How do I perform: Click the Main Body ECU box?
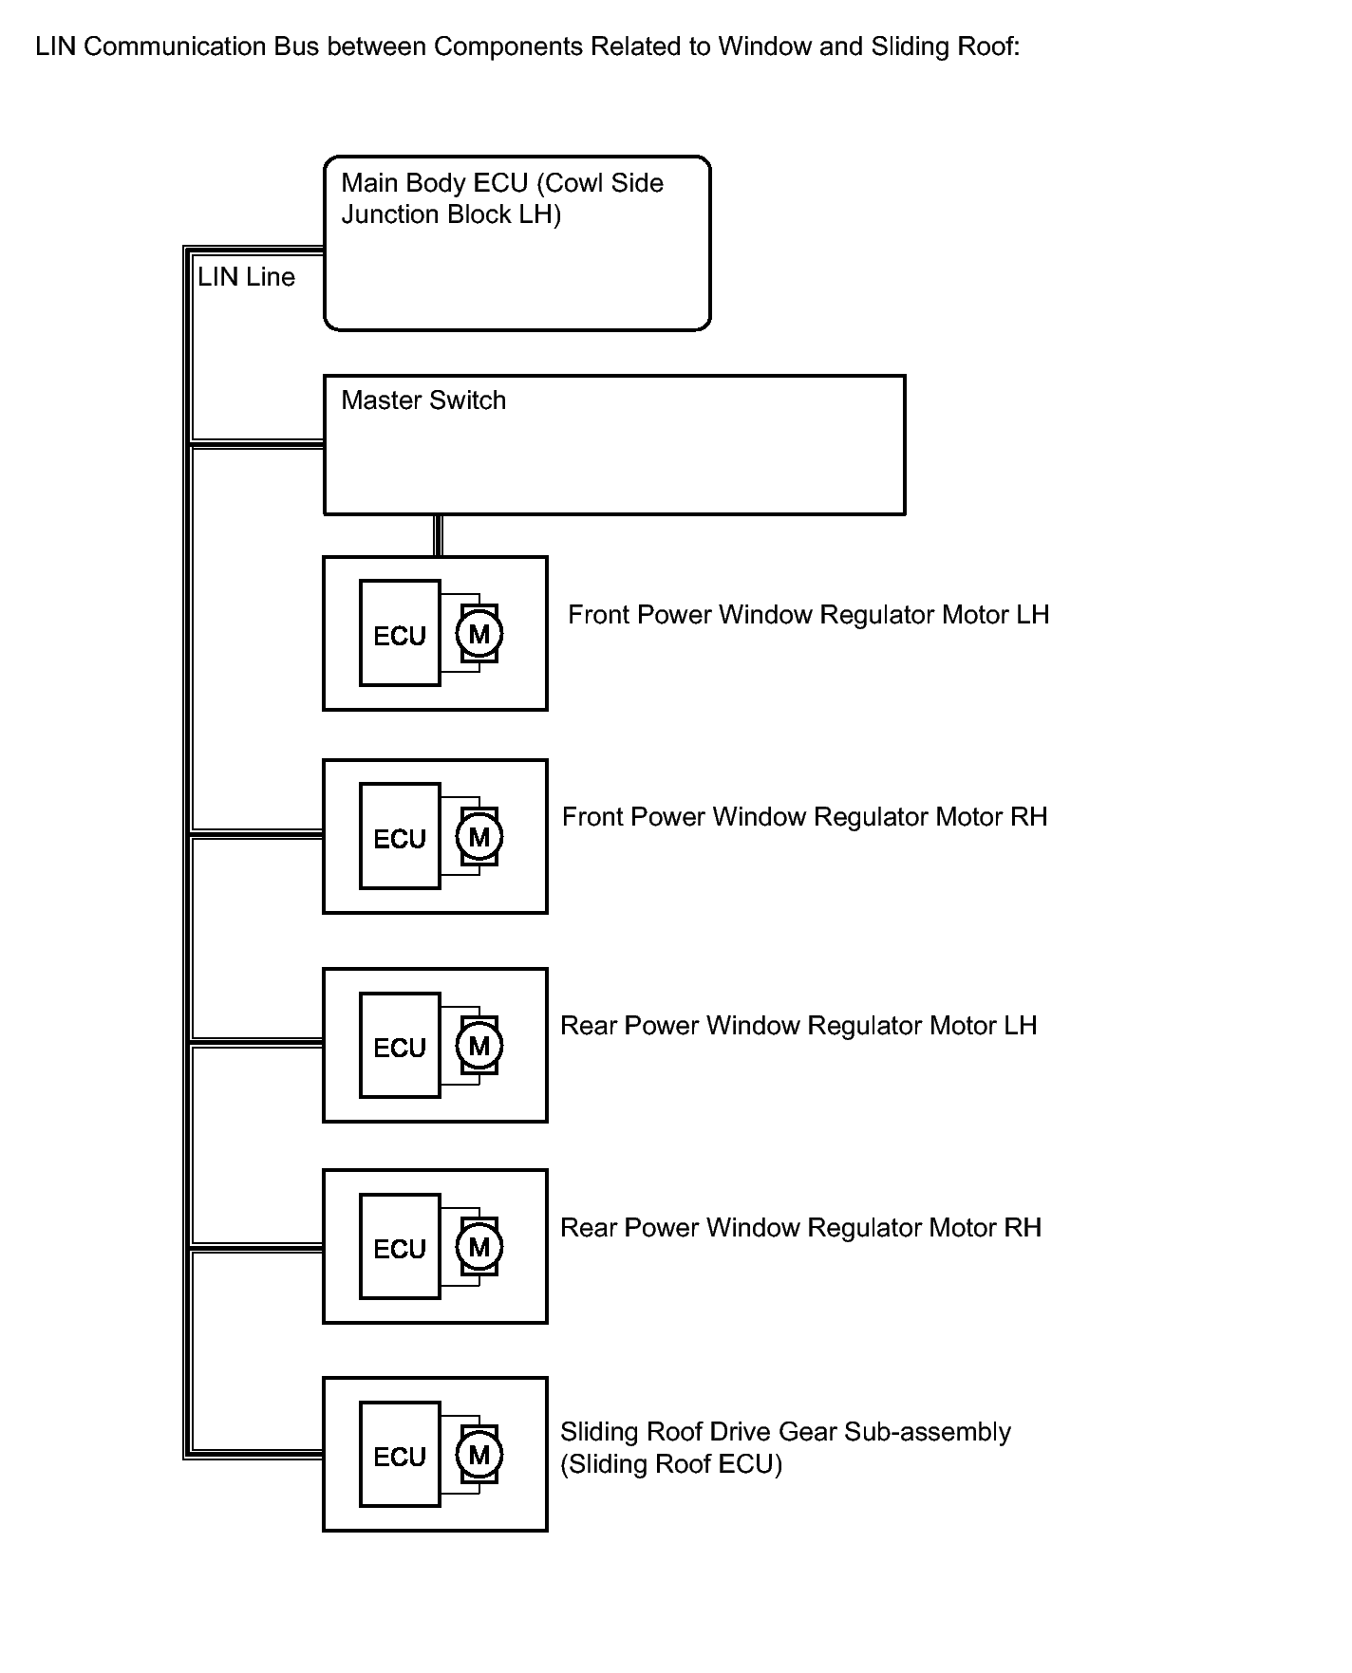tap(517, 244)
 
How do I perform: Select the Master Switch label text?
tap(423, 400)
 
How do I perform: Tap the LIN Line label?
tap(246, 277)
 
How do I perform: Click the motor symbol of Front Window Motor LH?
tap(479, 634)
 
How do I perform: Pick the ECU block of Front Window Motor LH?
tap(400, 633)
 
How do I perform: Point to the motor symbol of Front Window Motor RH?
tap(479, 837)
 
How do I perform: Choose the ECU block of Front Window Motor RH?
tap(400, 836)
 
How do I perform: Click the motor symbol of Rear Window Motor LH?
tap(479, 1046)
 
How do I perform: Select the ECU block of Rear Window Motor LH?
tap(400, 1045)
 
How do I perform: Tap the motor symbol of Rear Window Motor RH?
tap(479, 1247)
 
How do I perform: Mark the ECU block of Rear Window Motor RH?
tap(400, 1246)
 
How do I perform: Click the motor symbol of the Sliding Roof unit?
tap(479, 1455)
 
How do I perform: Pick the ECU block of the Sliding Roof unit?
tap(400, 1454)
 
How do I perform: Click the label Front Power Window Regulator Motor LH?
tap(809, 615)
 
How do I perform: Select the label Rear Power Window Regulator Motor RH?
tap(801, 1228)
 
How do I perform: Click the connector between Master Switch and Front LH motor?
tap(438, 536)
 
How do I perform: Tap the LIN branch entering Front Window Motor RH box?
tap(257, 835)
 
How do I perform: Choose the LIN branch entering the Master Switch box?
tap(257, 443)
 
